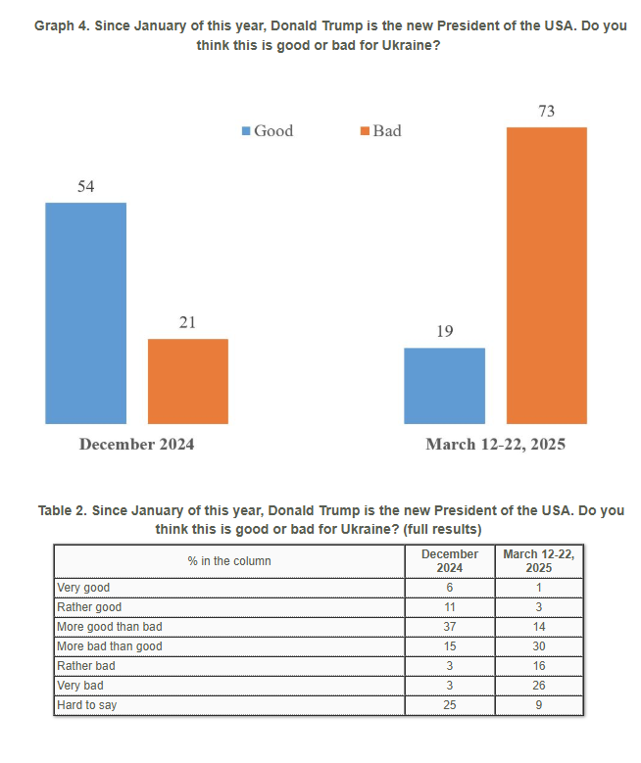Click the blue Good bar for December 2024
[86, 312]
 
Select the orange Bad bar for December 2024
[188, 381]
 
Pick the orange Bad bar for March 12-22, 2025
[547, 275]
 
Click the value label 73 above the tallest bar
[547, 112]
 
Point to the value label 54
[85, 186]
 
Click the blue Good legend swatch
[246, 131]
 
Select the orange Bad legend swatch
[365, 131]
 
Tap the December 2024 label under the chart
[137, 445]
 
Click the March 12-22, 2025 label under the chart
[496, 445]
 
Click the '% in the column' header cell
[229, 561]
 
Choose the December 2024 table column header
[450, 561]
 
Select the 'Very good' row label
[84, 588]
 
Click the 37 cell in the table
[450, 627]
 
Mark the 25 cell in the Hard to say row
[450, 704]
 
